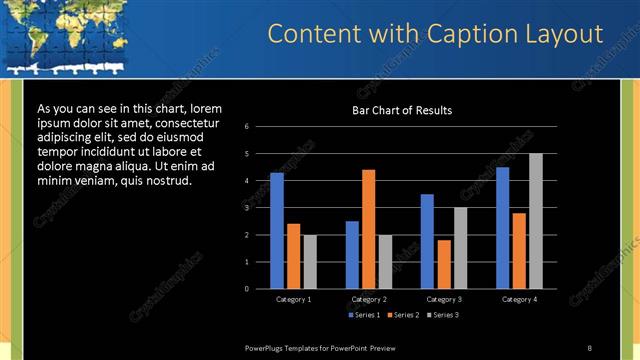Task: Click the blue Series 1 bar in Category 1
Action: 277,230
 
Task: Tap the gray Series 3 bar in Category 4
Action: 536,221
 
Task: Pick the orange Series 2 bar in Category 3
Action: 444,264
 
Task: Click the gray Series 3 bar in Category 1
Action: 310,261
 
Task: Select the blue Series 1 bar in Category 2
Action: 352,254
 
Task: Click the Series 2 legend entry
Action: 404,315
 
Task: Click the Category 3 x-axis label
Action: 443,299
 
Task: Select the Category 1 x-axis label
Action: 293,299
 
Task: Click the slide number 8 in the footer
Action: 589,347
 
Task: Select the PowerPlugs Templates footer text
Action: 320,347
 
